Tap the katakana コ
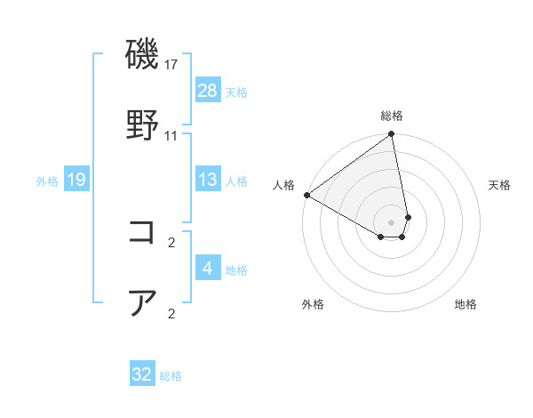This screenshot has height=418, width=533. tap(142, 232)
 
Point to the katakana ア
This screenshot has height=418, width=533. tap(142, 302)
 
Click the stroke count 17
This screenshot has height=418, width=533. tap(171, 66)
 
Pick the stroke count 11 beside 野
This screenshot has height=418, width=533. tap(171, 136)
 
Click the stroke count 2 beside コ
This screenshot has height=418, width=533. tap(171, 242)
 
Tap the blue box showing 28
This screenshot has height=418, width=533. tap(207, 90)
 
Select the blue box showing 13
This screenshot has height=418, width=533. tap(207, 181)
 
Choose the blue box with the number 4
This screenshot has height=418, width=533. tap(207, 268)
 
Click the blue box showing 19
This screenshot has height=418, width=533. tap(76, 181)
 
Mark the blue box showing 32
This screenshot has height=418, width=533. tap(142, 374)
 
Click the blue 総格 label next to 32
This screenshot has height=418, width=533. tap(171, 376)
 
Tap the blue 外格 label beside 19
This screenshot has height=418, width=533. tap(47, 181)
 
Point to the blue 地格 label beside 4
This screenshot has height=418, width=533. tap(236, 269)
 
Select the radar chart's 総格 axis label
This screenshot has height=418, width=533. tap(392, 116)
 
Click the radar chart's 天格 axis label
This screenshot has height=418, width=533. tap(500, 185)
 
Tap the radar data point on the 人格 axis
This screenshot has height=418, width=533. tap(306, 195)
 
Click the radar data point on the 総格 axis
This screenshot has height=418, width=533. tap(392, 135)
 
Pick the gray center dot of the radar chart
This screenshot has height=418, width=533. tap(392, 221)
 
